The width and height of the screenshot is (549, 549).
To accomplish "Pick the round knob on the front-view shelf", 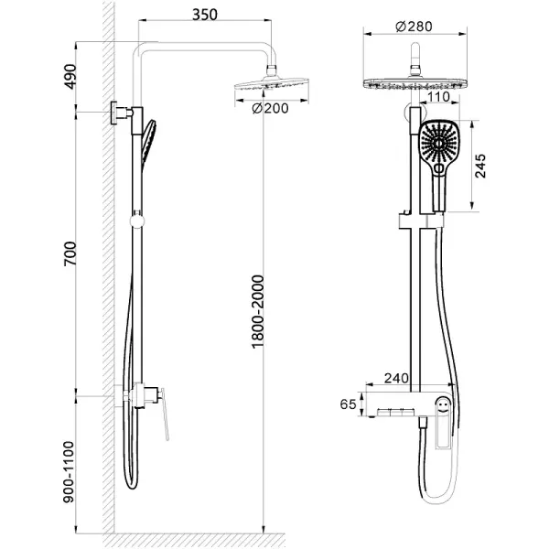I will (443, 403).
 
